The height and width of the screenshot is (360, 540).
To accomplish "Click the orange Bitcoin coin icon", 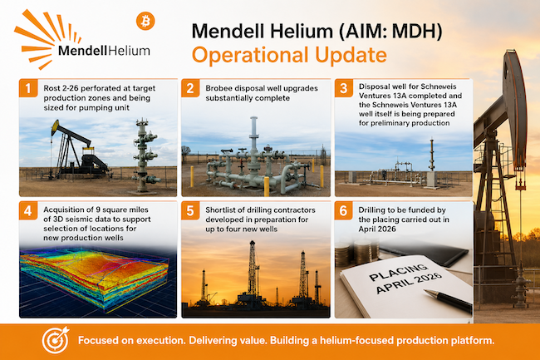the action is click(x=145, y=21).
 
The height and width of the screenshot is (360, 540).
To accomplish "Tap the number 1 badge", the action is click(x=28, y=88).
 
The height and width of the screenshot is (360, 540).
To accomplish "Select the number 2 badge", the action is click(x=190, y=88).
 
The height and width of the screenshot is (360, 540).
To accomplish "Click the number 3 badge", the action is click(x=343, y=88).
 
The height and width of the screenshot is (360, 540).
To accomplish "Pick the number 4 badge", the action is click(x=28, y=210).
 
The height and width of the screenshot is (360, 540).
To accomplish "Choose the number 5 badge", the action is click(x=190, y=210).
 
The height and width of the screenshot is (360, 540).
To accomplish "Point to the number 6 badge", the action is click(x=343, y=210).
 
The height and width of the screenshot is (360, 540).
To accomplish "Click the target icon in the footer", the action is click(x=56, y=340).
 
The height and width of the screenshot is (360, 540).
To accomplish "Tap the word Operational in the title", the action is click(x=250, y=56).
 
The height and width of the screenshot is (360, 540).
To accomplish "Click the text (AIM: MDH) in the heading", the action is click(x=390, y=31).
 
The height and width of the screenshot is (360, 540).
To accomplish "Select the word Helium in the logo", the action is click(x=129, y=51).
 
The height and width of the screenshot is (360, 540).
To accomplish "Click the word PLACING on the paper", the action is click(x=398, y=272).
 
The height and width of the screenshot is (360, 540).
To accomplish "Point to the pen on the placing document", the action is click(x=449, y=301).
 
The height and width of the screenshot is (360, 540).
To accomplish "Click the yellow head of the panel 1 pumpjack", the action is click(x=55, y=127).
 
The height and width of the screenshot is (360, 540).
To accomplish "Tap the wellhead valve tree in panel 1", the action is click(x=145, y=155).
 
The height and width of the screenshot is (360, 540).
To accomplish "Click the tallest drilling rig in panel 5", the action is click(x=253, y=272).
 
